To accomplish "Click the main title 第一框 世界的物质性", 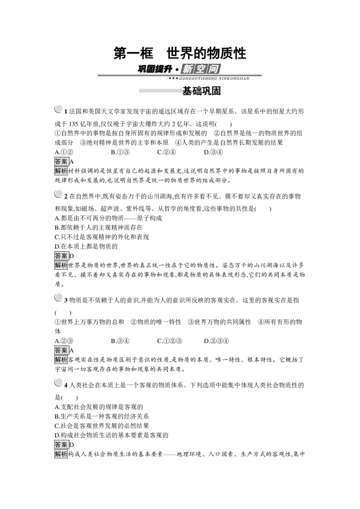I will [x=180, y=53].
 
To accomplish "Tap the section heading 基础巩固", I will [x=201, y=91].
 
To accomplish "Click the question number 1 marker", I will [x=66, y=111].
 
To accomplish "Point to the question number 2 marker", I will [x=66, y=197].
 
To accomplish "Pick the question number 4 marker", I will [x=66, y=386].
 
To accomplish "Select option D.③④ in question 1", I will [x=213, y=152].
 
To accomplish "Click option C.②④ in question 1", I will [x=166, y=152].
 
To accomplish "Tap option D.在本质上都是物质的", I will [x=86, y=247].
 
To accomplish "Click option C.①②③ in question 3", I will [x=170, y=341].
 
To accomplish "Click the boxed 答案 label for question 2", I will [x=61, y=256].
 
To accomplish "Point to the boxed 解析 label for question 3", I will [x=61, y=360].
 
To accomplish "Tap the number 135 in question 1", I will [x=74, y=124].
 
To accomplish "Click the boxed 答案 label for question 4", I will [x=61, y=445].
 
